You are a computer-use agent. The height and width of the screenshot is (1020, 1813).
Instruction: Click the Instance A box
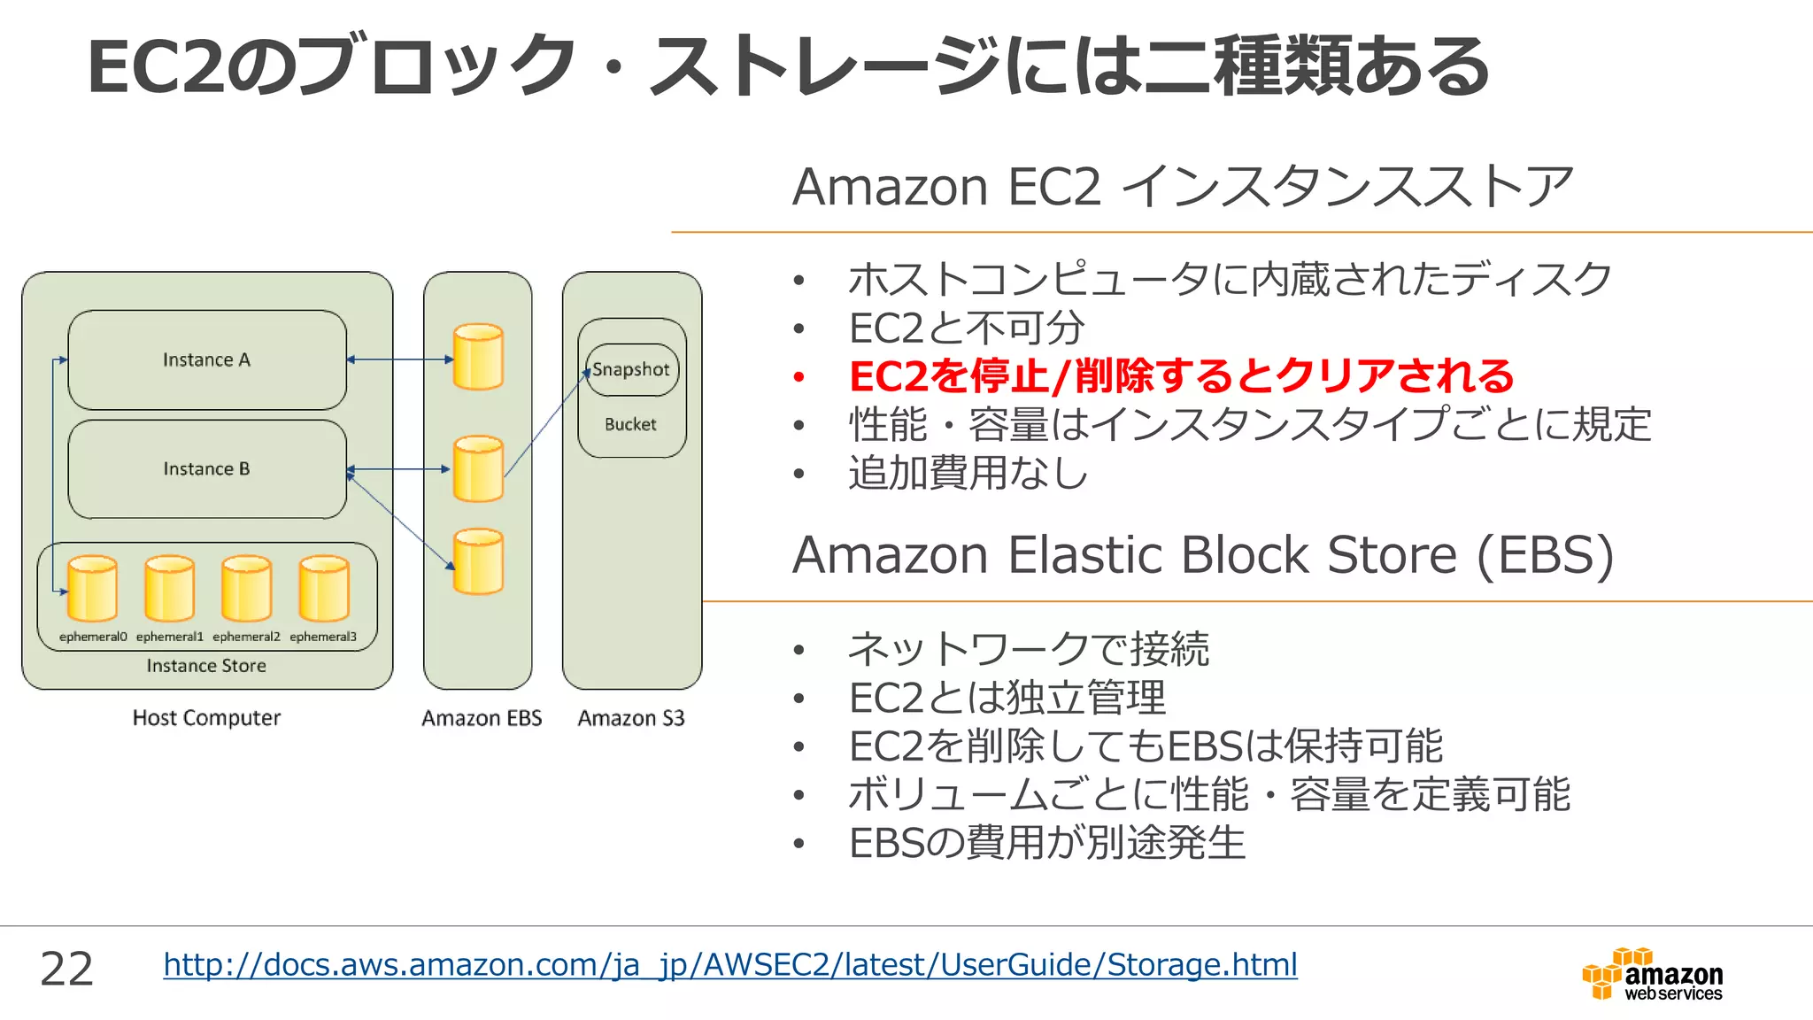click(x=207, y=359)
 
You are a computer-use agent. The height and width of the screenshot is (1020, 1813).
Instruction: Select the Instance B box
click(x=207, y=469)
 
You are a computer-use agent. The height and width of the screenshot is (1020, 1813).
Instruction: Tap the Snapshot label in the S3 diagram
click(x=631, y=369)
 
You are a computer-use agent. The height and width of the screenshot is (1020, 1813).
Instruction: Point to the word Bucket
click(x=630, y=425)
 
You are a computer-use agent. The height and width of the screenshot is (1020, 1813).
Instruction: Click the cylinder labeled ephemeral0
click(x=92, y=589)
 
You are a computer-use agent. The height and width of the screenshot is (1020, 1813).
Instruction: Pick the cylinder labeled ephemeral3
click(x=324, y=589)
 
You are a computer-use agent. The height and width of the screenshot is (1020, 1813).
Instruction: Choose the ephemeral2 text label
click(x=246, y=637)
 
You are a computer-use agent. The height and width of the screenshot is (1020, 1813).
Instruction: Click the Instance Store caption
click(x=206, y=666)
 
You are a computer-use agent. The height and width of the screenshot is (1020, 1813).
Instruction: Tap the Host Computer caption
click(x=206, y=718)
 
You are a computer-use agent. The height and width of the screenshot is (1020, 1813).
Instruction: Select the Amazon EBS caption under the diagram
click(x=482, y=718)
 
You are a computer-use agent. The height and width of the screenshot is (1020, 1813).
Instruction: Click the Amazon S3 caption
click(x=631, y=718)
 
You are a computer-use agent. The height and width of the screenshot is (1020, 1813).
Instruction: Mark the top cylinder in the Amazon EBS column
click(x=478, y=357)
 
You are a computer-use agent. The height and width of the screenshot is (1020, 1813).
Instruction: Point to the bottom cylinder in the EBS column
click(x=478, y=562)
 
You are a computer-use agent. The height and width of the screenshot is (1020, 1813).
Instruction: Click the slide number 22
click(x=66, y=969)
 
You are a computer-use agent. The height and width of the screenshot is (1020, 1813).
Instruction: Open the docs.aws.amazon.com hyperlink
click(x=730, y=964)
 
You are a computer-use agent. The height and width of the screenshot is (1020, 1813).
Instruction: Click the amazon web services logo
click(x=1653, y=975)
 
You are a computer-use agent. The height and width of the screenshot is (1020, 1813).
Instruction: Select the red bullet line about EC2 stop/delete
click(x=1181, y=376)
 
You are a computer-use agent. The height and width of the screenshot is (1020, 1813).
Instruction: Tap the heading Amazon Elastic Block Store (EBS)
click(x=1203, y=555)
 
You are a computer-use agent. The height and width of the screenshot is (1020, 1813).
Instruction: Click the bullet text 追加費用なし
click(x=968, y=473)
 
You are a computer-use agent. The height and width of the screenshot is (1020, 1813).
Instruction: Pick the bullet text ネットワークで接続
click(x=1029, y=649)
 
